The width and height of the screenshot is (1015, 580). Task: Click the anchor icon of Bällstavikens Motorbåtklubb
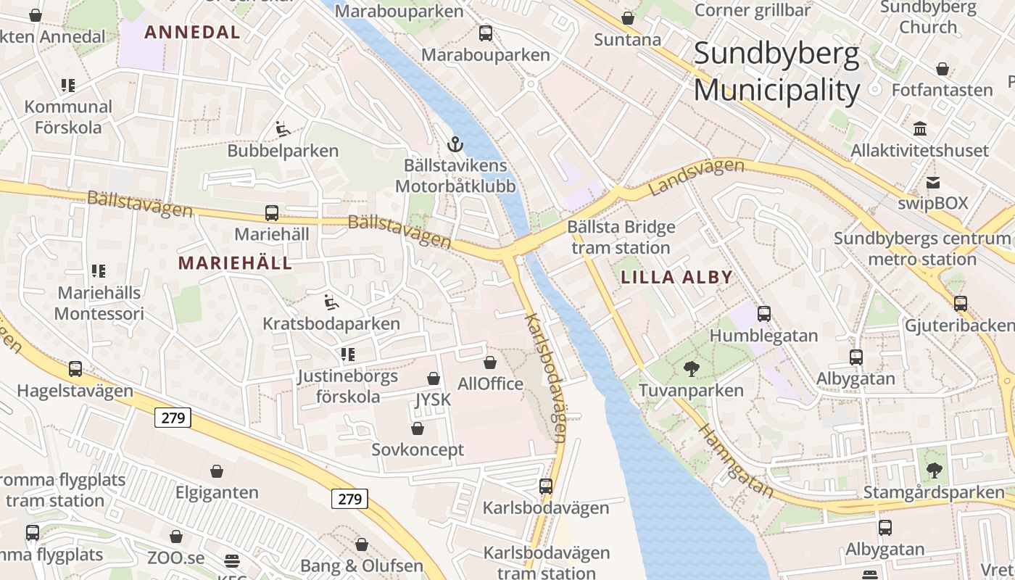[455, 144]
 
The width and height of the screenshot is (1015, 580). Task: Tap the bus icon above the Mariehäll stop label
[272, 213]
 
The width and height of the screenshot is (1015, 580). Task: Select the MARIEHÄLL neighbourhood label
[236, 263]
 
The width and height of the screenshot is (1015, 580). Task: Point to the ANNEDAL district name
[192, 32]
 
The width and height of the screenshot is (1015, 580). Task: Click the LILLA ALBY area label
[676, 277]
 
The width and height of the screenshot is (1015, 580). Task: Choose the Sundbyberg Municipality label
[776, 72]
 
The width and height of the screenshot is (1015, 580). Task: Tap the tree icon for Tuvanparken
[691, 369]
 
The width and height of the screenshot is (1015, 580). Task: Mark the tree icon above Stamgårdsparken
[935, 471]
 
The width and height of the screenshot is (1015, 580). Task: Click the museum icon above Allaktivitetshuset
[920, 129]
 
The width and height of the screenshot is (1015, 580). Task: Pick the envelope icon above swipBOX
[932, 182]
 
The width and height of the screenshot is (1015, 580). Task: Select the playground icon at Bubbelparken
[283, 130]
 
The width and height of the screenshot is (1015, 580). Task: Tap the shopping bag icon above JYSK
[434, 378]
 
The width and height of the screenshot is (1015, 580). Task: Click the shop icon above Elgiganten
[217, 471]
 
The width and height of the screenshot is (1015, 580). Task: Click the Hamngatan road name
[736, 460]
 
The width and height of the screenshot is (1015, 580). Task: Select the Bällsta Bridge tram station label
[621, 237]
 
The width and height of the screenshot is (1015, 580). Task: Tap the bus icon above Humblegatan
[763, 314]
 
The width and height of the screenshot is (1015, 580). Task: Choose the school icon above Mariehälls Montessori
[99, 271]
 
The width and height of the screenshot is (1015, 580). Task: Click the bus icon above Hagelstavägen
[75, 369]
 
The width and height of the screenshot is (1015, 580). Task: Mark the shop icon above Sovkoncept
[418, 428]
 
